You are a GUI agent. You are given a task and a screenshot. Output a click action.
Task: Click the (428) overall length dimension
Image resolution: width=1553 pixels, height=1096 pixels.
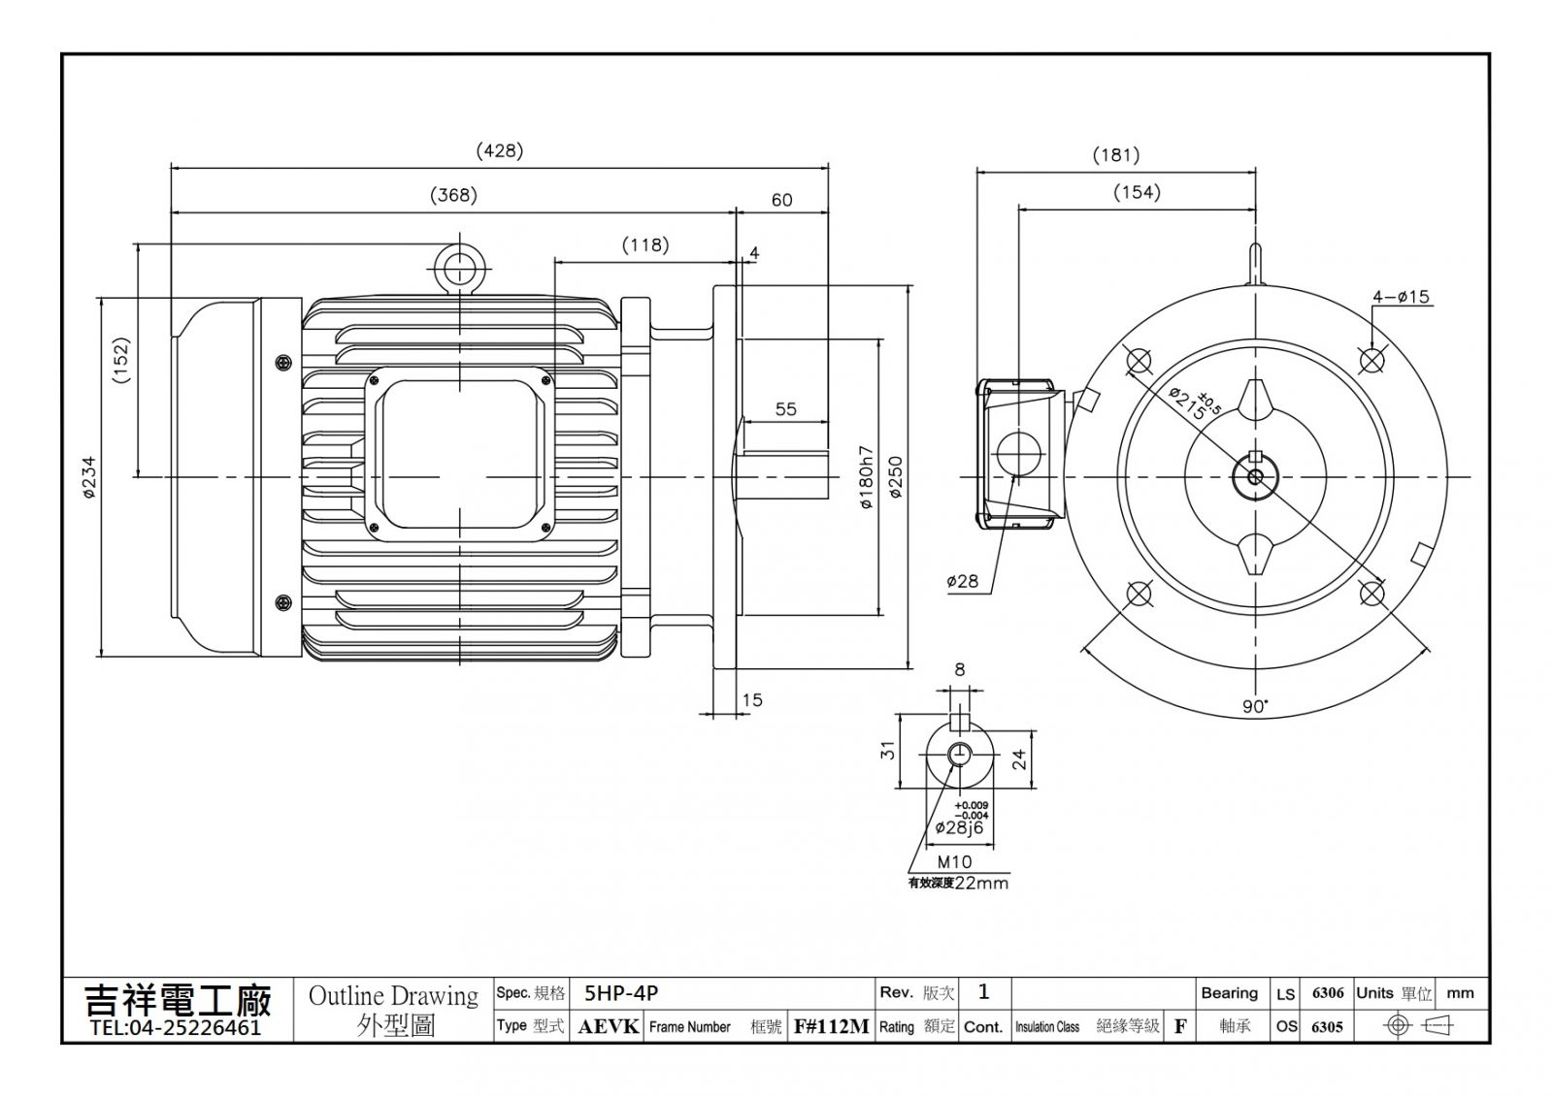click(x=499, y=151)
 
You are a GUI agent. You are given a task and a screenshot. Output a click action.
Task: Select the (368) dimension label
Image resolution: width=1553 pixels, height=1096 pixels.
click(x=453, y=195)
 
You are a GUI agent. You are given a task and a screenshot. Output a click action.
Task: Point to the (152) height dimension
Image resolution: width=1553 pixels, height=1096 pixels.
click(x=121, y=360)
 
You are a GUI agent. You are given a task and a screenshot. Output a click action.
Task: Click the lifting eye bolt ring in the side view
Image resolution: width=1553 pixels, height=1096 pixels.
click(x=459, y=268)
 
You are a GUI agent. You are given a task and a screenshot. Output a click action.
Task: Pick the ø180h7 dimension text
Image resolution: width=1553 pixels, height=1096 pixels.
click(x=867, y=477)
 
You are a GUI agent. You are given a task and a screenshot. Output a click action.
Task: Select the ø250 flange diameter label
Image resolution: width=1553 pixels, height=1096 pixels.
click(x=896, y=476)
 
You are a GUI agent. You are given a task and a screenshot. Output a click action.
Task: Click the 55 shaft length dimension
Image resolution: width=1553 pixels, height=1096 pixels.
click(x=785, y=408)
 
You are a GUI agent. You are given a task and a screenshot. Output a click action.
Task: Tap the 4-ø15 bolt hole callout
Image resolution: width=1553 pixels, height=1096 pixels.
click(x=1402, y=297)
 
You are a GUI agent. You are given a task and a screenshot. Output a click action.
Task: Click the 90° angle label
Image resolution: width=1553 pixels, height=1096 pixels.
click(x=1255, y=707)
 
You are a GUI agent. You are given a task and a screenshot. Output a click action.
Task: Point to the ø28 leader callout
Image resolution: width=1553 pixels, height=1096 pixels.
click(x=962, y=581)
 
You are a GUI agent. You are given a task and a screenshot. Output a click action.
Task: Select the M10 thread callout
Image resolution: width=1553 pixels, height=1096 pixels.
click(x=955, y=862)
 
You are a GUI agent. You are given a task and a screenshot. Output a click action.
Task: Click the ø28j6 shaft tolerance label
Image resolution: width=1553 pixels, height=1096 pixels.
click(x=959, y=827)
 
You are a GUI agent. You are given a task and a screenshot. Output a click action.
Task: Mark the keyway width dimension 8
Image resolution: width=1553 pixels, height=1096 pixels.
click(x=960, y=669)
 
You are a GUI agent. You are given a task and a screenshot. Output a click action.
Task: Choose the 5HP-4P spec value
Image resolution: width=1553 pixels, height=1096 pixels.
click(x=620, y=993)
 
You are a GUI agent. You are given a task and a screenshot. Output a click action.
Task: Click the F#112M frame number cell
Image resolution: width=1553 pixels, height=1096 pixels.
click(x=831, y=1027)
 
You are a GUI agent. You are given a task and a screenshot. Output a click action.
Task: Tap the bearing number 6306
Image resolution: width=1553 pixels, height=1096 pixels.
click(x=1328, y=993)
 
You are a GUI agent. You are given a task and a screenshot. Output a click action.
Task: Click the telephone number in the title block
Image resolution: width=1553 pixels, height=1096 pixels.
click(x=176, y=1027)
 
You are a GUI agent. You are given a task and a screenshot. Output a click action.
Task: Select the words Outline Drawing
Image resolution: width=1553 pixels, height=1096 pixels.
click(x=393, y=995)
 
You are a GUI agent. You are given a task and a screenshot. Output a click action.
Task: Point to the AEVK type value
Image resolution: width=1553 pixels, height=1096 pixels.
click(x=608, y=1027)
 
